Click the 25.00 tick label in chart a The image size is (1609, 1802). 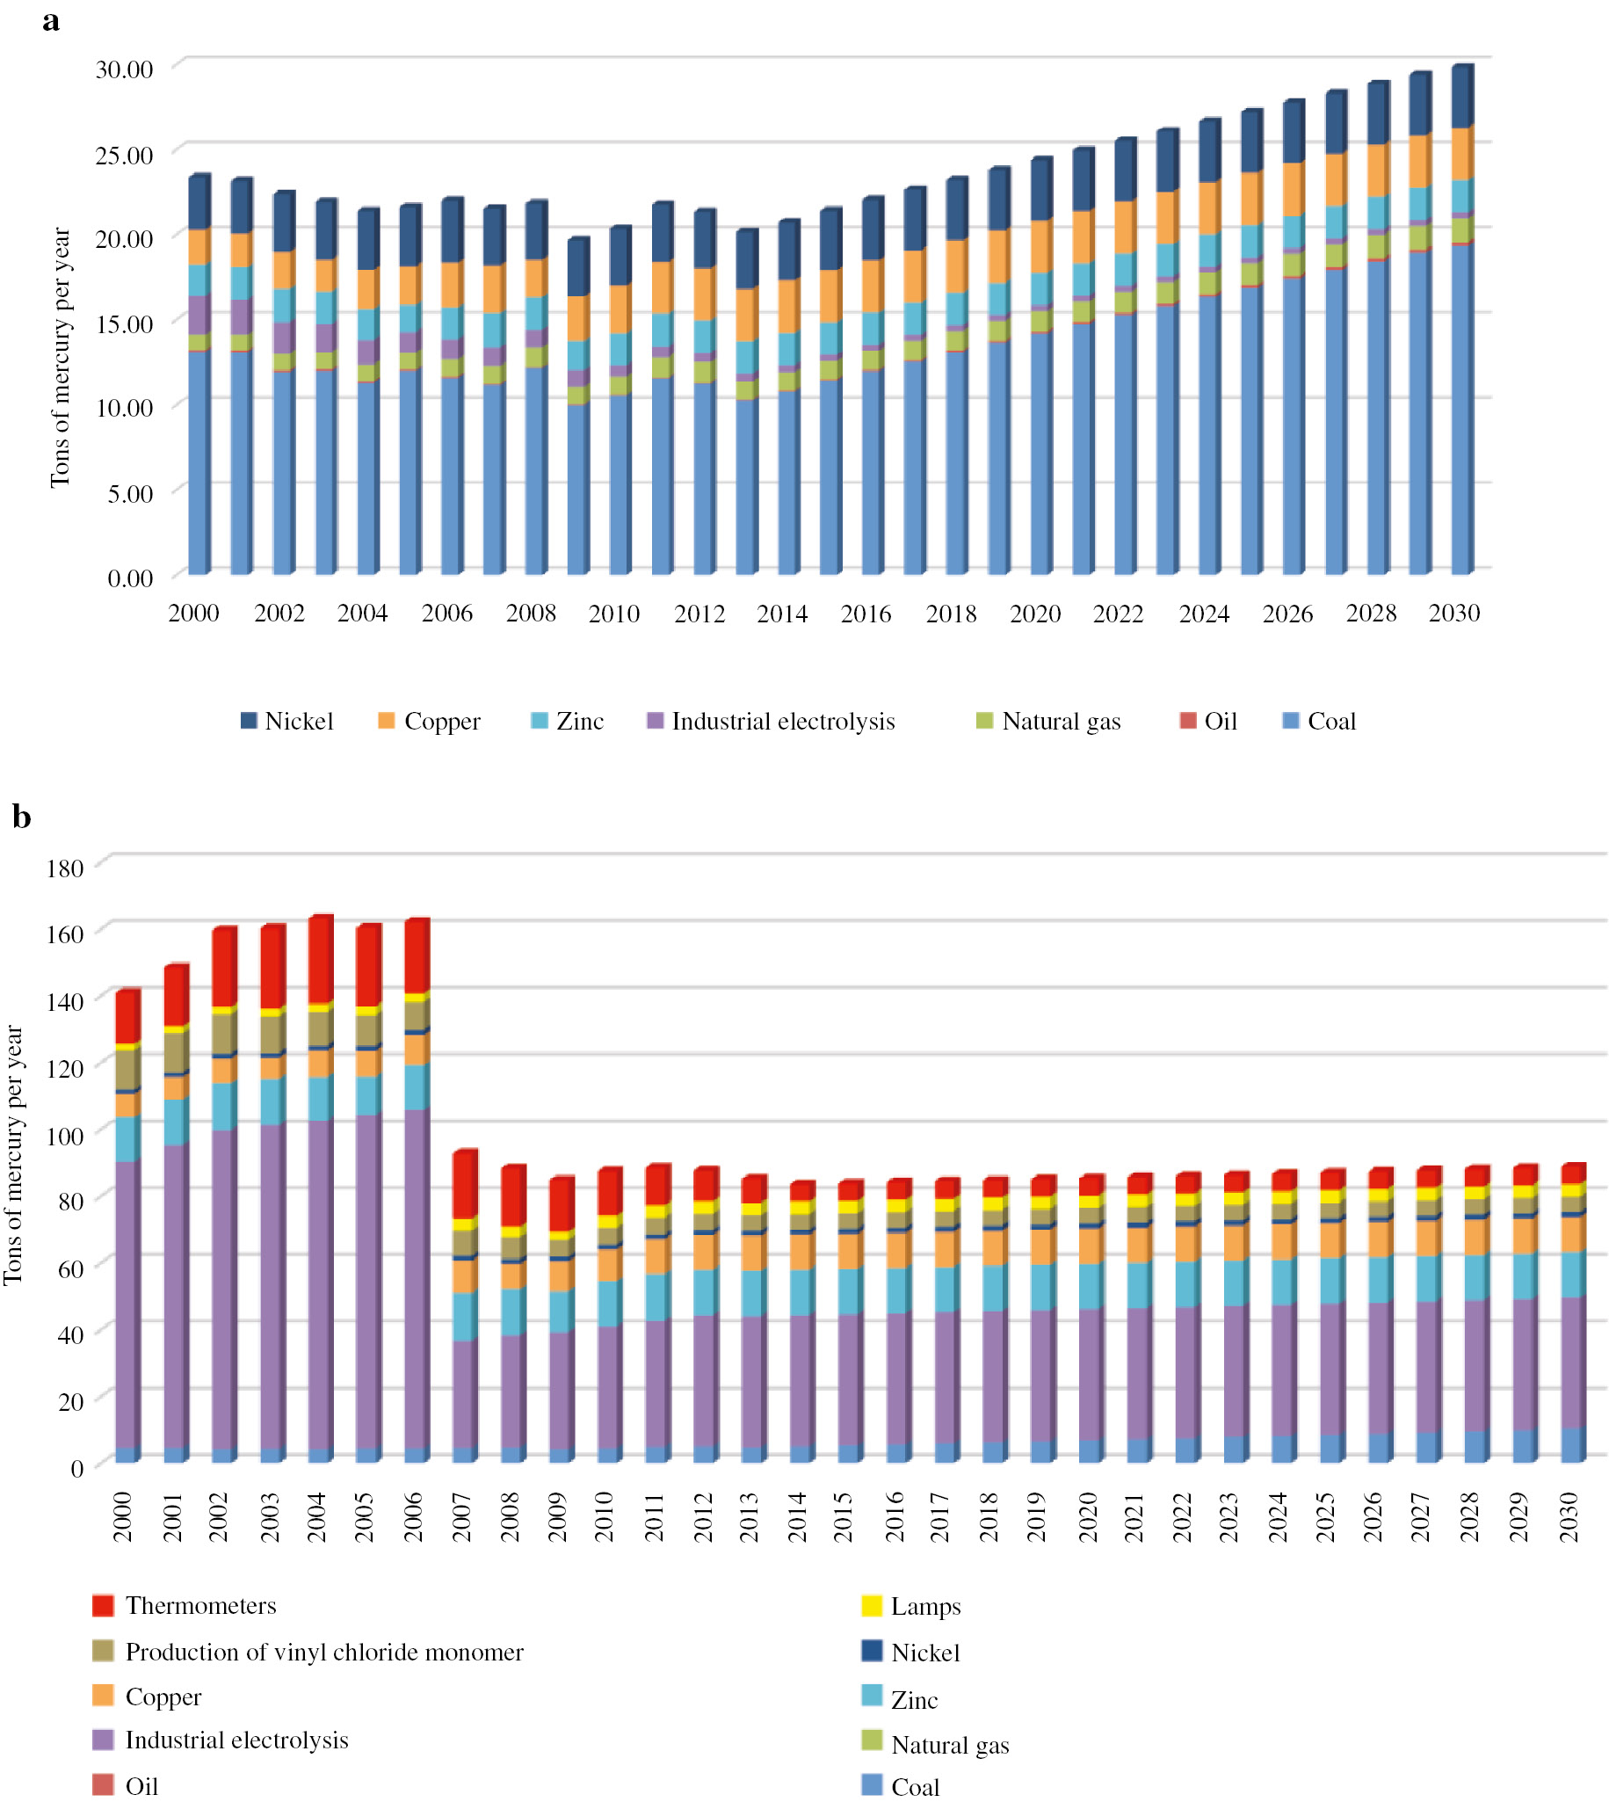pos(124,155)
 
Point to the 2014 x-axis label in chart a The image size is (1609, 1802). pos(781,614)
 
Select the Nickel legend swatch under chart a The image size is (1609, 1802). pos(249,721)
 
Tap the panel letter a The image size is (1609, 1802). pos(51,21)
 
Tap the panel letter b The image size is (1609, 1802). pos(21,817)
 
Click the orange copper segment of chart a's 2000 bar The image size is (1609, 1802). pos(199,248)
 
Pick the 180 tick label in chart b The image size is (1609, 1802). pos(65,868)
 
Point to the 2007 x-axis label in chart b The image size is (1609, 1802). pos(462,1517)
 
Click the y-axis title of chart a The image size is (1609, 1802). pos(59,357)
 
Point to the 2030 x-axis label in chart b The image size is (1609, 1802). pos(1569,1517)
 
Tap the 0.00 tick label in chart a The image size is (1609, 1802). pos(130,579)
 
